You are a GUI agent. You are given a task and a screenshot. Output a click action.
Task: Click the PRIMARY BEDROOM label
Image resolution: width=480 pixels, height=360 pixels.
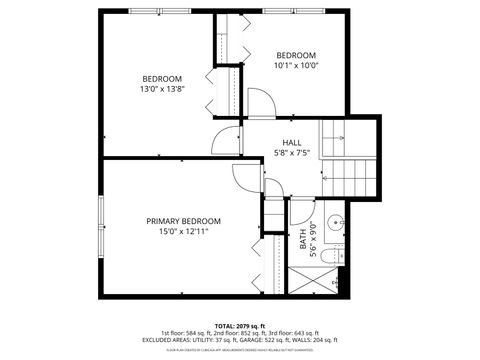tap(183, 221)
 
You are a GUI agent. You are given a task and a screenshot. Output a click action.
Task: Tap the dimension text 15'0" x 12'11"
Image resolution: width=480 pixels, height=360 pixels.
tap(183, 232)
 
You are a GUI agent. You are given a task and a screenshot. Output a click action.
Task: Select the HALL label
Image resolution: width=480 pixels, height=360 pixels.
tap(291, 142)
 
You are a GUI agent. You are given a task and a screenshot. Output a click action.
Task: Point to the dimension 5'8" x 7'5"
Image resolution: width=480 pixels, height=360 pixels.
tap(291, 153)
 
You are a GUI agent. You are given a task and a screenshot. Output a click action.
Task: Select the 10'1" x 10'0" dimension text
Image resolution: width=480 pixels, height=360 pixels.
tap(296, 66)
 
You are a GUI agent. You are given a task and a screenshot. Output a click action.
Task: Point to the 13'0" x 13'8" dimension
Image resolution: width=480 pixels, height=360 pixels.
tap(162, 89)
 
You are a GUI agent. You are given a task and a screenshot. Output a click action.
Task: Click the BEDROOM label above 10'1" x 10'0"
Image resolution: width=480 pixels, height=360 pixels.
tap(296, 55)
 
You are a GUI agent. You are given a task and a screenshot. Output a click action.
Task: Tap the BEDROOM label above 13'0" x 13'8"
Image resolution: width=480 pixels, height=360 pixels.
tap(162, 78)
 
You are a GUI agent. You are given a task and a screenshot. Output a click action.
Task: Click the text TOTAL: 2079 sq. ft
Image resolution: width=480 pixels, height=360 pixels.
tap(239, 326)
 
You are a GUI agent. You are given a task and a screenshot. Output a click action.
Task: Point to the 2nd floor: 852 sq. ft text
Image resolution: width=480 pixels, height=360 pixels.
tap(240, 333)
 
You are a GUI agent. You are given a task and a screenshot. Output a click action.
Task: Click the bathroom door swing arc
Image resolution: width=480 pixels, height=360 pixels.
tap(298, 210)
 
